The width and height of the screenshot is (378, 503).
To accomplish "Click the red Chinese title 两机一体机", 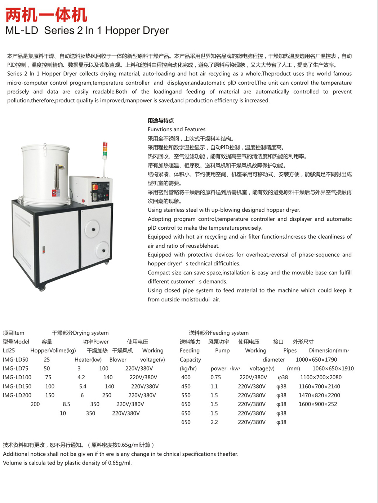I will click(x=46, y=15).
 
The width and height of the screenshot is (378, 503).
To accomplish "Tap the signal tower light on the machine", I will click(x=105, y=150).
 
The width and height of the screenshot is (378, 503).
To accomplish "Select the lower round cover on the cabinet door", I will click(x=103, y=250).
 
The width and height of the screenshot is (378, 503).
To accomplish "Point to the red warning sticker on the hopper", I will click(x=54, y=194).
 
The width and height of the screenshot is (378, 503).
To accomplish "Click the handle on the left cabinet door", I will click(x=44, y=249).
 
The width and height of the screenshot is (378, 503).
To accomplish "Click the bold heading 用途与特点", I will click(x=161, y=120).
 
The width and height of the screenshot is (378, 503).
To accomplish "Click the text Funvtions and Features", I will click(x=177, y=129).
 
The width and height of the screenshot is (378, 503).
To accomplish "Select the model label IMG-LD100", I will click(x=17, y=378).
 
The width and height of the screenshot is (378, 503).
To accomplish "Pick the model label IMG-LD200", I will click(x=17, y=395).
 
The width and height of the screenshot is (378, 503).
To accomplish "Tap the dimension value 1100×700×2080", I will click(x=321, y=378).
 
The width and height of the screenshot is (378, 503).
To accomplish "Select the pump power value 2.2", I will click(x=214, y=422).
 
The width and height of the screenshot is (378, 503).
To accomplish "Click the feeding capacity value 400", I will click(x=186, y=378).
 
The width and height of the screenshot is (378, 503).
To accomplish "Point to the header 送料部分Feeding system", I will click(x=219, y=333).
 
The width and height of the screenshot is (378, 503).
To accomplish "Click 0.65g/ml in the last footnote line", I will click(x=120, y=463).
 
